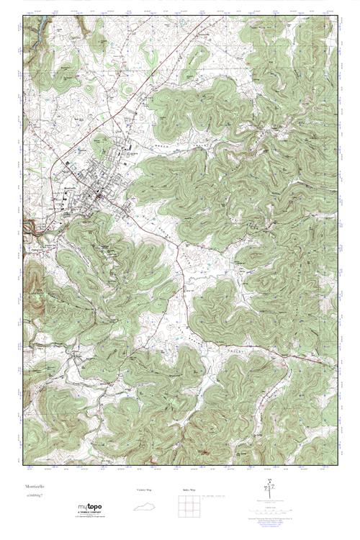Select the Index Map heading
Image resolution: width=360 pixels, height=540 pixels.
pyautogui.click(x=189, y=490)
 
